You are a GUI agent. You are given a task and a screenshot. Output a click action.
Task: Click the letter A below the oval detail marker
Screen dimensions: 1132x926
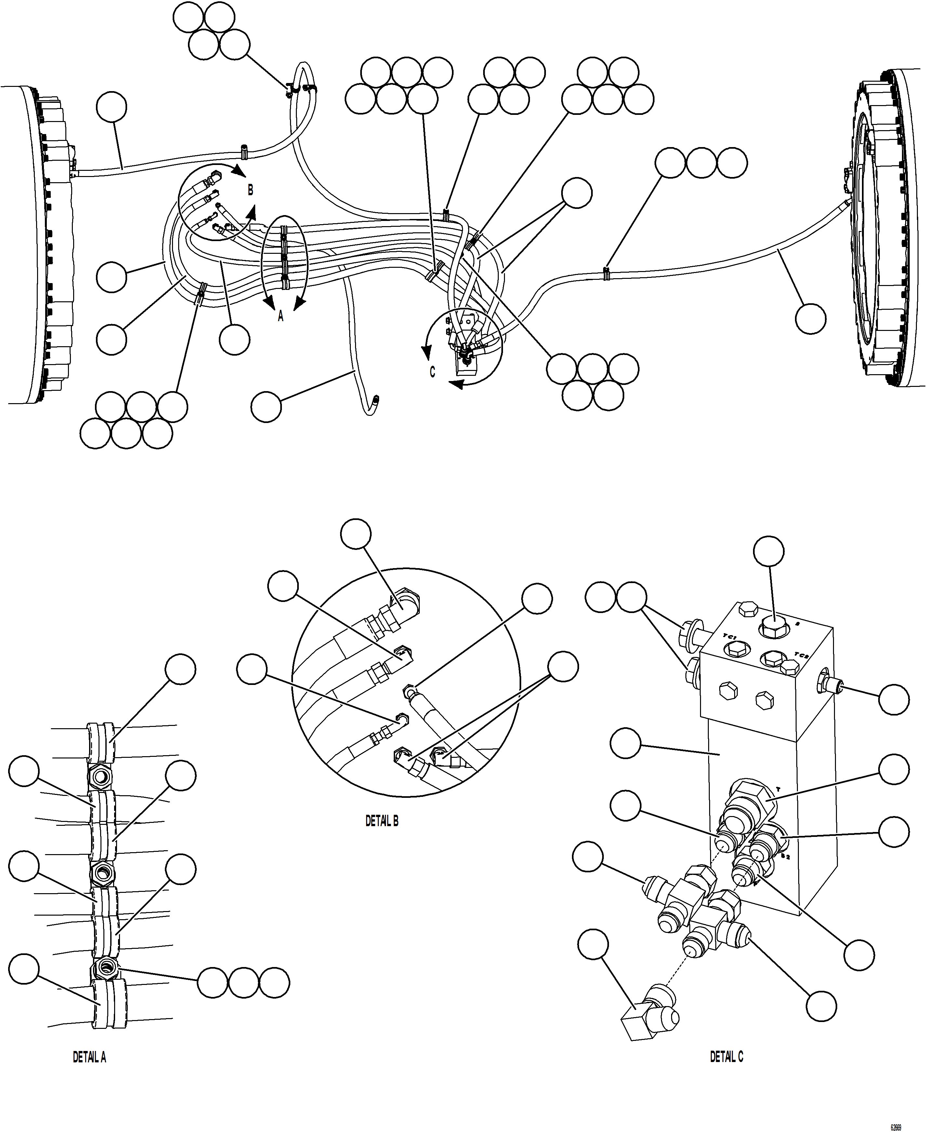pyautogui.click(x=281, y=317)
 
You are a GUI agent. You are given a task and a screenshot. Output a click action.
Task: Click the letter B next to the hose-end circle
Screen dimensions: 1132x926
pyautogui.click(x=250, y=190)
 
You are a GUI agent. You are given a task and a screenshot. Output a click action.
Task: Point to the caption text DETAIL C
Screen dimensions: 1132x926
pyautogui.click(x=726, y=1057)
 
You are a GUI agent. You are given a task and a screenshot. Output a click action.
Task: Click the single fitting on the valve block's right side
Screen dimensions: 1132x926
pyautogui.click(x=830, y=686)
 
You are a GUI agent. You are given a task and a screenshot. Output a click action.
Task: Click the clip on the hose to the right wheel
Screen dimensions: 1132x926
pyautogui.click(x=606, y=274)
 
